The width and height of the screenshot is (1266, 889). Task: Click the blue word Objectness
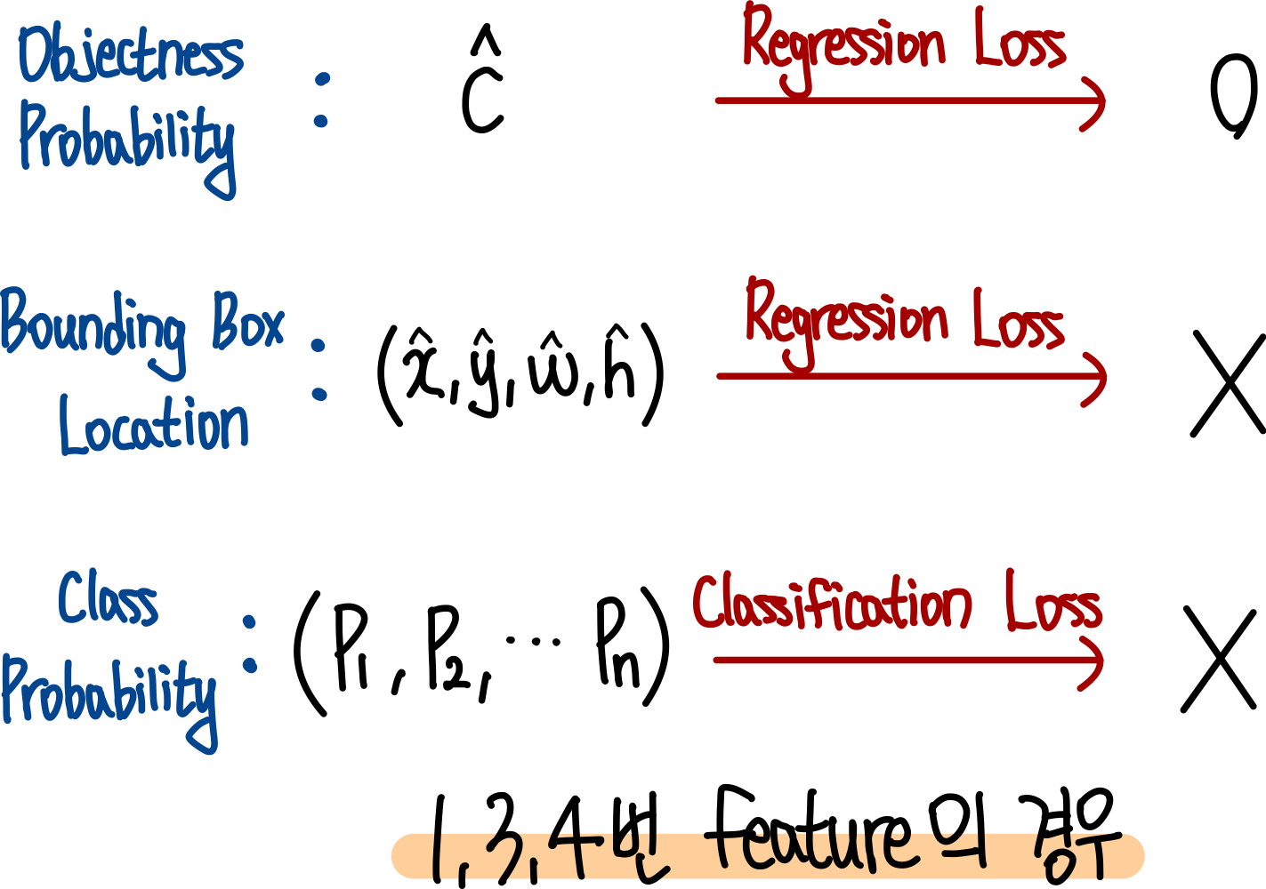pos(131,54)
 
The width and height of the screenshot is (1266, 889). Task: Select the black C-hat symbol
pos(482,79)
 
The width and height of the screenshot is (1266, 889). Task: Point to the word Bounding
pos(93,333)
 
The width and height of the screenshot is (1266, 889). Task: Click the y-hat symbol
pos(484,372)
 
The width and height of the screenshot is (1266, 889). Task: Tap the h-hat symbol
pos(619,362)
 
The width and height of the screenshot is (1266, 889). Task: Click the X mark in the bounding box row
pos(1229,383)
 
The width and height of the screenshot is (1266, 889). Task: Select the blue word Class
pos(108,598)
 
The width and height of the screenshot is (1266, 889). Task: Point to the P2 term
pos(448,650)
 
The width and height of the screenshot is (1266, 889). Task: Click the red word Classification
pos(832,604)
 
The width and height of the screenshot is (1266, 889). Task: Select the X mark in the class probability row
pos(1219,659)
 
